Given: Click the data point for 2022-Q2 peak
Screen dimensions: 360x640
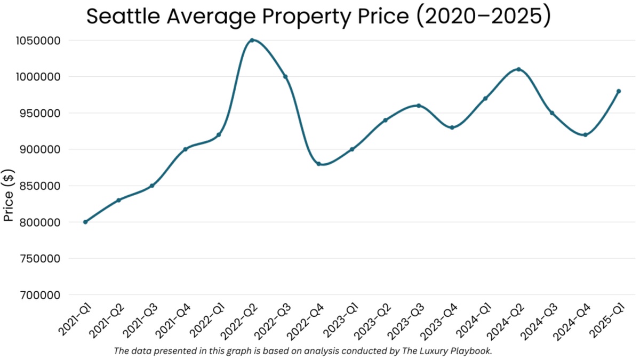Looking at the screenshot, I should click(252, 40).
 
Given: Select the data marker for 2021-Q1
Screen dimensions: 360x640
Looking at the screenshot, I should click(85, 222).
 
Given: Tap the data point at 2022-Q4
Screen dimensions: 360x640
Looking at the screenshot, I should click(318, 164).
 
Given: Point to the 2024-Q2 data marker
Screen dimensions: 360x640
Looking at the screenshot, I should click(518, 69).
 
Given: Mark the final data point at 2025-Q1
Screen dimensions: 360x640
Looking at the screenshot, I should click(619, 91).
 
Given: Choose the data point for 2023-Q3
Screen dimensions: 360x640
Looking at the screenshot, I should click(419, 106).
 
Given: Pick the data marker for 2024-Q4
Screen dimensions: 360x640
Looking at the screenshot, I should click(585, 135).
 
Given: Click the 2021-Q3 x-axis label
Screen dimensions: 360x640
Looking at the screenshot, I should click(140, 326).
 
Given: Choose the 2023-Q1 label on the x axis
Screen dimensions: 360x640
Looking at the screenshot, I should click(340, 326).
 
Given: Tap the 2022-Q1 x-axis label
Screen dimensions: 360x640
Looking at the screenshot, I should click(206, 326).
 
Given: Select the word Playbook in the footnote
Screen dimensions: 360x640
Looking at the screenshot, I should click(473, 351).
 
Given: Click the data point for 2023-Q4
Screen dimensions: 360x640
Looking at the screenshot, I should click(452, 127).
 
